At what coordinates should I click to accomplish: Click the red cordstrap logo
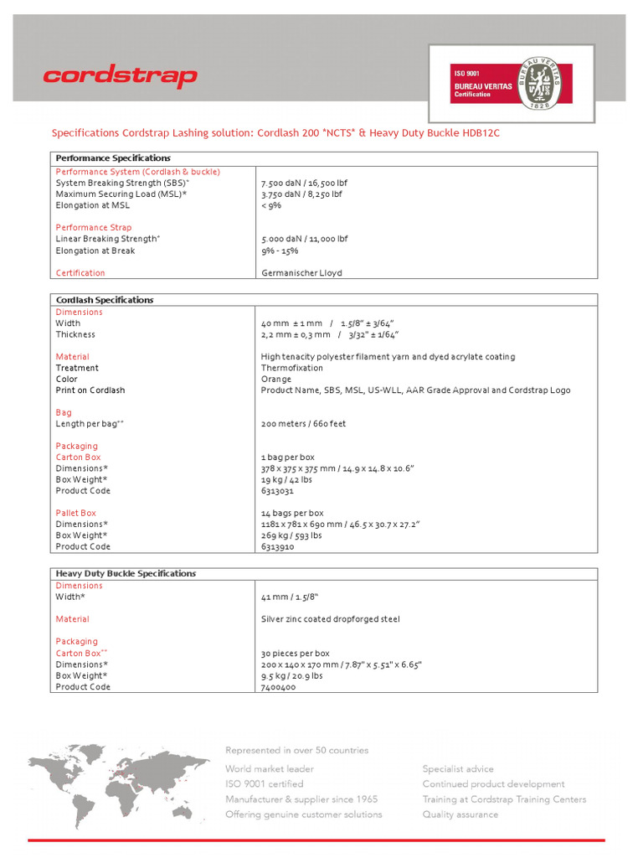coord(120,77)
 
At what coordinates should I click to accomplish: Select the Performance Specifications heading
coord(112,158)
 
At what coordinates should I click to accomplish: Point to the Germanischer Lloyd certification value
coord(301,273)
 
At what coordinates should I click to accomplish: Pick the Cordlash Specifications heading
coord(105,300)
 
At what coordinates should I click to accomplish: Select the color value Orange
coord(276,380)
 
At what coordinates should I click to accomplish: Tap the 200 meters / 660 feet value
coord(303,424)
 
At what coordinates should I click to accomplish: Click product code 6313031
coord(278,491)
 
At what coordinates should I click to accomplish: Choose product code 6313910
coord(278,547)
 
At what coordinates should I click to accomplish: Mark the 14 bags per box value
coord(292,513)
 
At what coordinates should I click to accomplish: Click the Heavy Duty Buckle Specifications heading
coord(126,574)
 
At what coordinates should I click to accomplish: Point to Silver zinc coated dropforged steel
coord(330,619)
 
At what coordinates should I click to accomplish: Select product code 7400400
coord(278,687)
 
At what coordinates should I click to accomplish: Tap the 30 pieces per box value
coord(295,654)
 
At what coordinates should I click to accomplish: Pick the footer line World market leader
coord(270,769)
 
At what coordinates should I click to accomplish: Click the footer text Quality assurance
coord(460,814)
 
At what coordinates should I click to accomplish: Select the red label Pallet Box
coord(75,513)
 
